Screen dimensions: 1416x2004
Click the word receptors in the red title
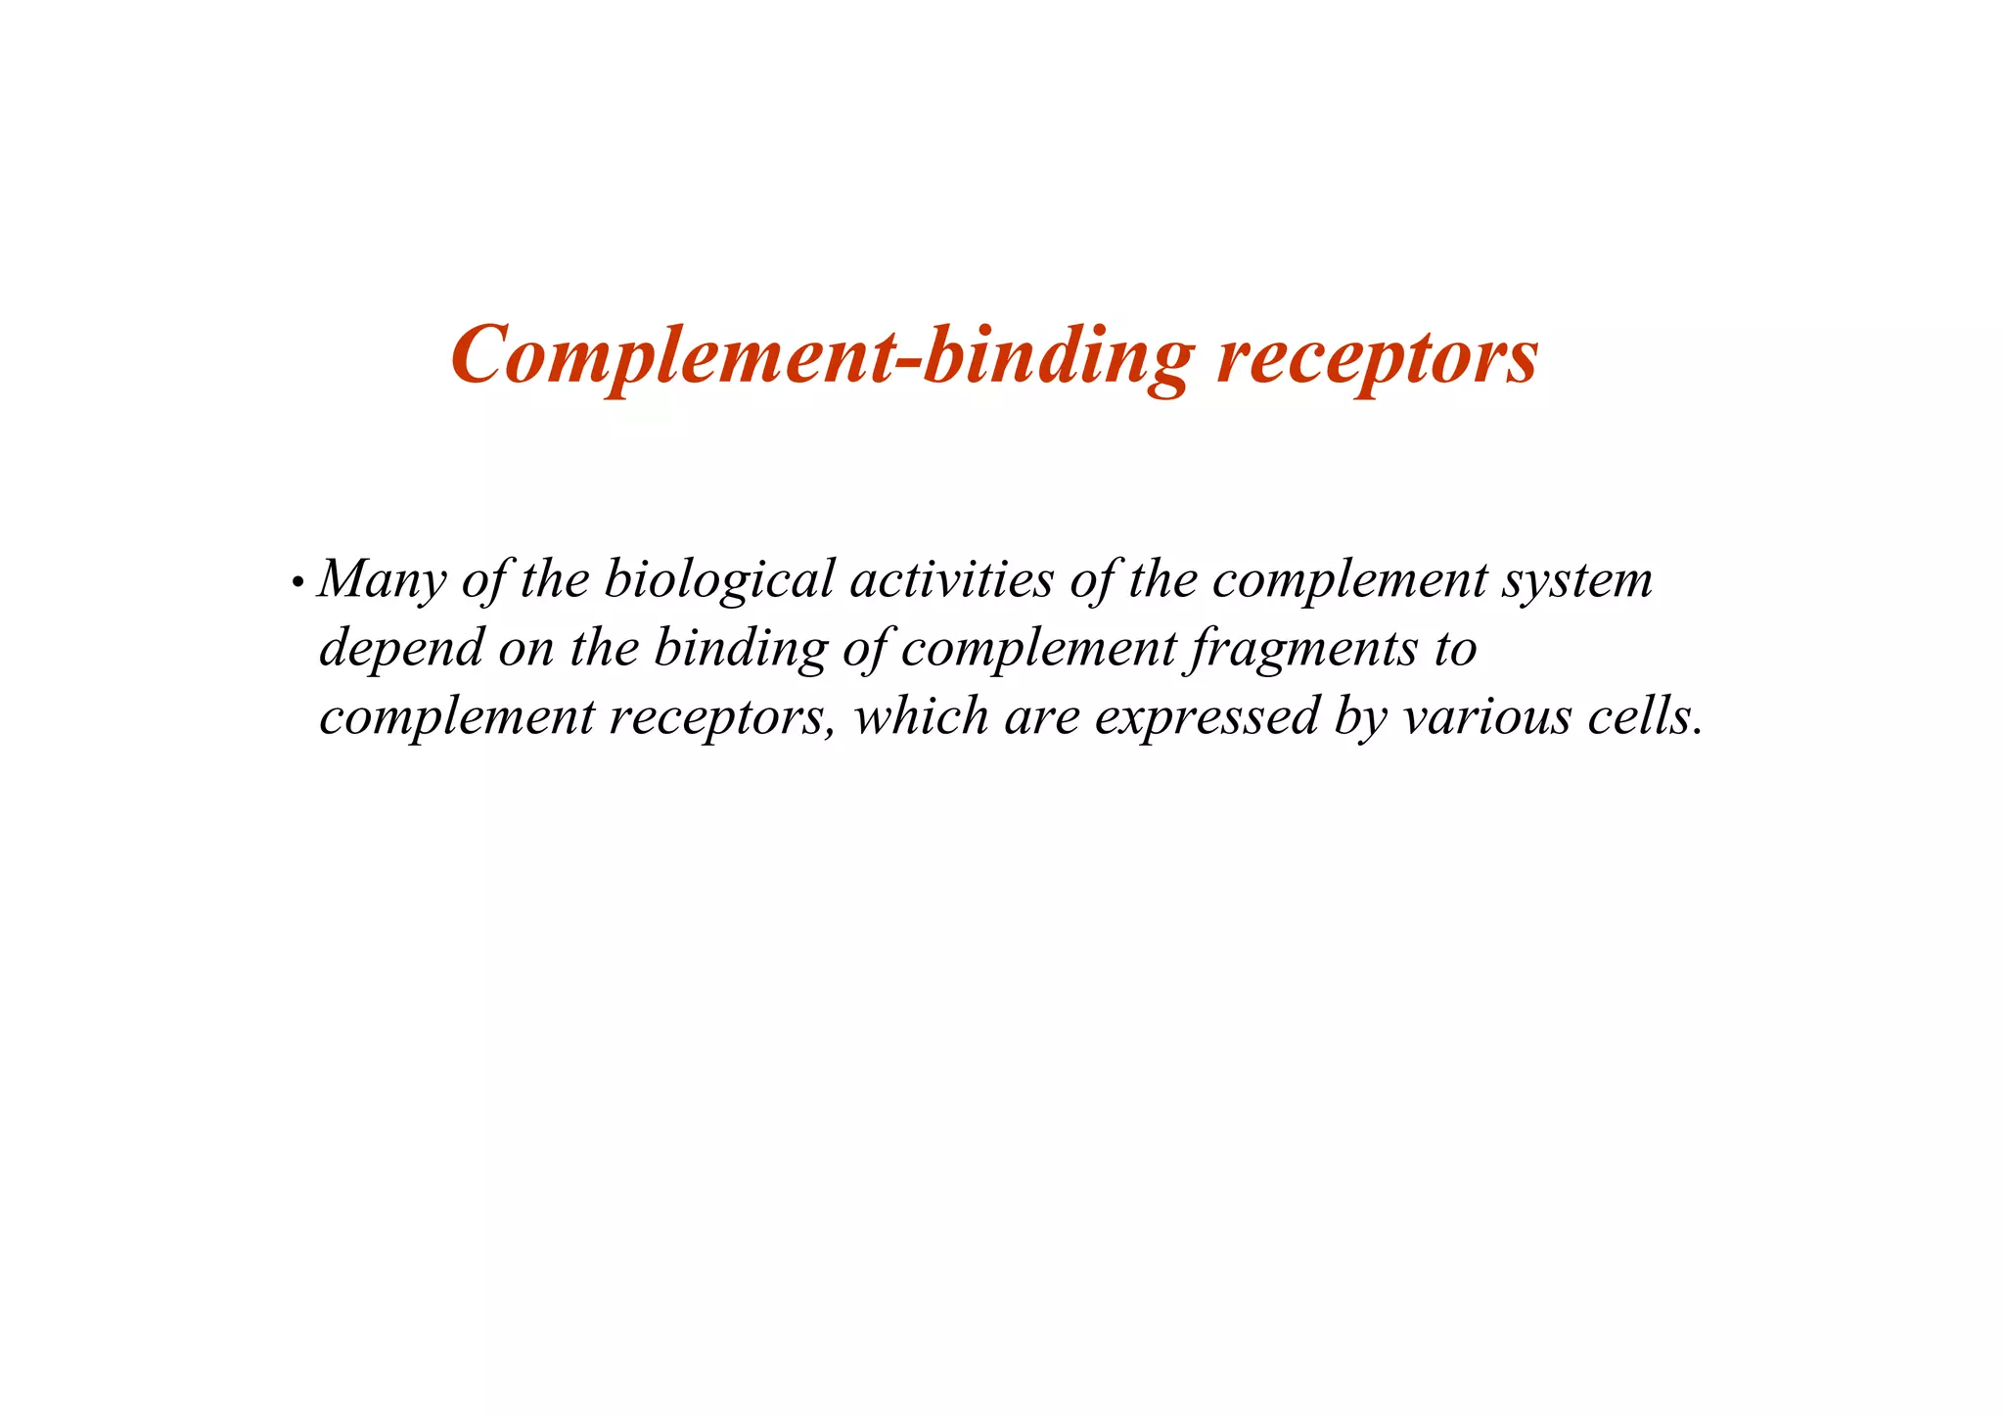click(1377, 356)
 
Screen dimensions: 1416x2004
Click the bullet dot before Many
click(296, 583)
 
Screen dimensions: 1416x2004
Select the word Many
click(383, 580)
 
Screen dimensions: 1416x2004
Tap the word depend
click(401, 649)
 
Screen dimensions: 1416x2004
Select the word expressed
click(1207, 717)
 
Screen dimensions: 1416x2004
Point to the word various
click(1487, 715)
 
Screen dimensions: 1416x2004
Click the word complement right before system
click(1349, 580)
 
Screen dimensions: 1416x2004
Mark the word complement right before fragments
click(1038, 649)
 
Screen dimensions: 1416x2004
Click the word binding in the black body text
click(740, 649)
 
